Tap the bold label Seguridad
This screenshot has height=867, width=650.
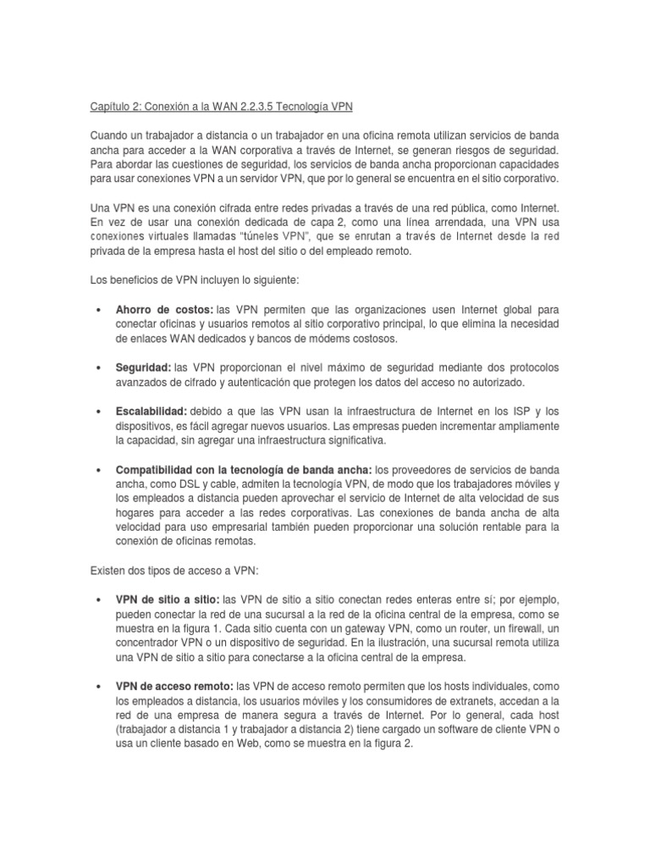143,368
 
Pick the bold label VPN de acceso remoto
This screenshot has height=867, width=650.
174,685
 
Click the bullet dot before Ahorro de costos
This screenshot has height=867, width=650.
100,311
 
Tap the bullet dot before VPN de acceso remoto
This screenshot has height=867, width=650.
100,686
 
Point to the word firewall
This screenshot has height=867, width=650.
520,627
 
